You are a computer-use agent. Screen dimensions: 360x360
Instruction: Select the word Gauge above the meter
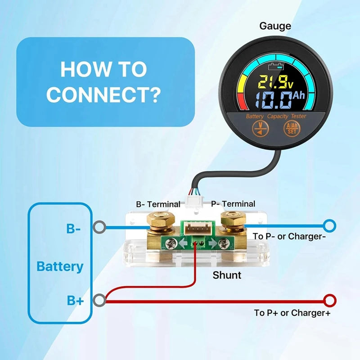pos(275,26)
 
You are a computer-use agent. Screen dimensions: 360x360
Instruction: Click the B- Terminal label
pos(158,204)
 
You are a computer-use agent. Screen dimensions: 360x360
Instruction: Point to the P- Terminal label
pos(233,204)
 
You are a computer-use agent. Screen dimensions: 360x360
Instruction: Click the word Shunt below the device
pos(227,275)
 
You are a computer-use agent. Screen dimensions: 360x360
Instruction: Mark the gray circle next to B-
pos(99,227)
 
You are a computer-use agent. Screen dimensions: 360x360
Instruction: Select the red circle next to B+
pos(100,299)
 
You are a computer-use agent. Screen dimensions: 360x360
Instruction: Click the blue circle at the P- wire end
pos(330,225)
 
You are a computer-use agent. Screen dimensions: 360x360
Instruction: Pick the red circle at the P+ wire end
pos(330,300)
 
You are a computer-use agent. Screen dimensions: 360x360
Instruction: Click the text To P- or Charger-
pos(286,237)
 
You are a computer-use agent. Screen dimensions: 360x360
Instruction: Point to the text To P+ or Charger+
pos(292,312)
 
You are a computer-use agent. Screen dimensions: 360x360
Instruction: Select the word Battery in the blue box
pos(60,266)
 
